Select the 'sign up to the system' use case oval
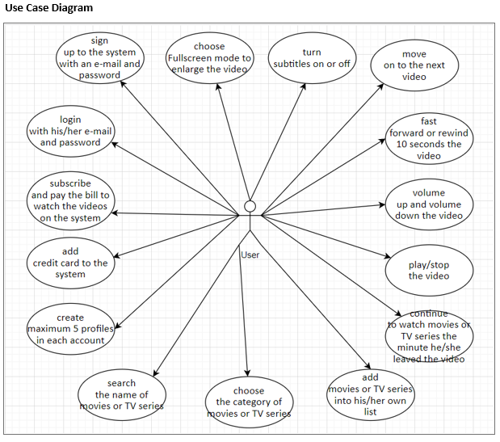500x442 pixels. click(99, 57)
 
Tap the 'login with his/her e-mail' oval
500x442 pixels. click(70, 131)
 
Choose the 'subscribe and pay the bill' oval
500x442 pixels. click(70, 200)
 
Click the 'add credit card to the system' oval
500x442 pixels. click(70, 263)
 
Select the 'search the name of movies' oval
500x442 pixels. click(121, 394)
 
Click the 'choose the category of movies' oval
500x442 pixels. click(248, 402)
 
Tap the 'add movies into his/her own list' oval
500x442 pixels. click(370, 394)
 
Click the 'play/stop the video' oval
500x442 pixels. click(428, 271)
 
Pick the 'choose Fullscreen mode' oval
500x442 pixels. click(209, 57)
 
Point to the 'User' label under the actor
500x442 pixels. click(250, 255)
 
